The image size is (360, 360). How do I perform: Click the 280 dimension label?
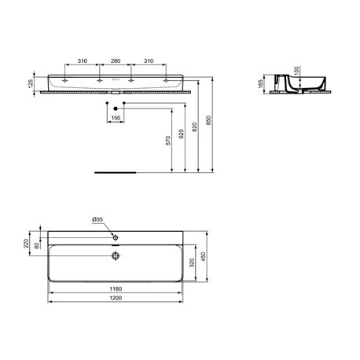[x=116, y=61]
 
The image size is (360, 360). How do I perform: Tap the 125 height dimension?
[x=31, y=83]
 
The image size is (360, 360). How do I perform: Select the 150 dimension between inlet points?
[x=116, y=118]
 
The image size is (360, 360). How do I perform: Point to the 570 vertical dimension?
[x=168, y=141]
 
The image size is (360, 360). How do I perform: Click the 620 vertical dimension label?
[x=182, y=134]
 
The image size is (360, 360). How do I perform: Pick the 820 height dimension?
[x=194, y=127]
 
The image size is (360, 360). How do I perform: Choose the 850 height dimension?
[x=208, y=120]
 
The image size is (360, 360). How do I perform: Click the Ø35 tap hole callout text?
[x=97, y=219]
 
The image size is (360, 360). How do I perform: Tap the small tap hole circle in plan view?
[x=116, y=237]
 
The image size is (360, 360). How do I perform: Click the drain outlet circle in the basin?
[x=116, y=255]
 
